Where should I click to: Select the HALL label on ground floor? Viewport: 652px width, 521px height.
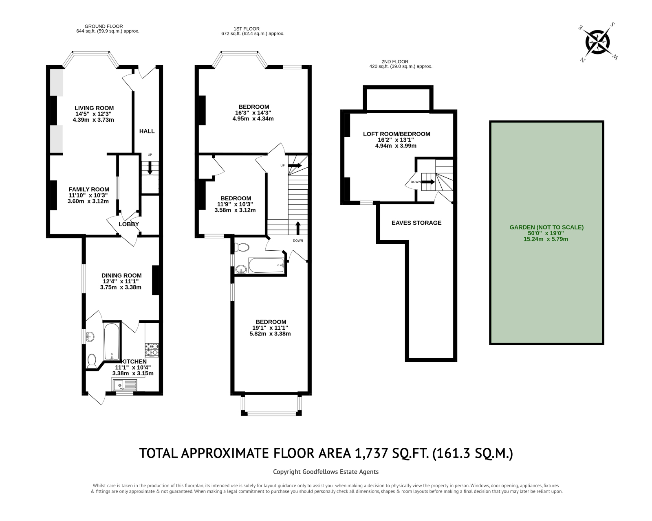(x=147, y=131)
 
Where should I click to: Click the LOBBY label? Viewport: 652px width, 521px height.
(x=129, y=224)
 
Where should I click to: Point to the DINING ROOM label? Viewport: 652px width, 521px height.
(x=121, y=275)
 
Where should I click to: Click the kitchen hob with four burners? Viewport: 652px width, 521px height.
(x=152, y=349)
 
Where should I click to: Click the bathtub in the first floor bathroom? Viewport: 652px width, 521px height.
(x=266, y=266)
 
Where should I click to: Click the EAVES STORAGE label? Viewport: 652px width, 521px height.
(x=416, y=223)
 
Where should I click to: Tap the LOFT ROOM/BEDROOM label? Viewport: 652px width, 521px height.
(x=396, y=134)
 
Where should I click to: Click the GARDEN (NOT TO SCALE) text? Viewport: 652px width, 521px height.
(x=546, y=228)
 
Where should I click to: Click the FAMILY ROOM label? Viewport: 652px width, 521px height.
(x=89, y=189)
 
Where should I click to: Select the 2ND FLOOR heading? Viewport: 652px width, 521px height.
(x=398, y=61)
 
